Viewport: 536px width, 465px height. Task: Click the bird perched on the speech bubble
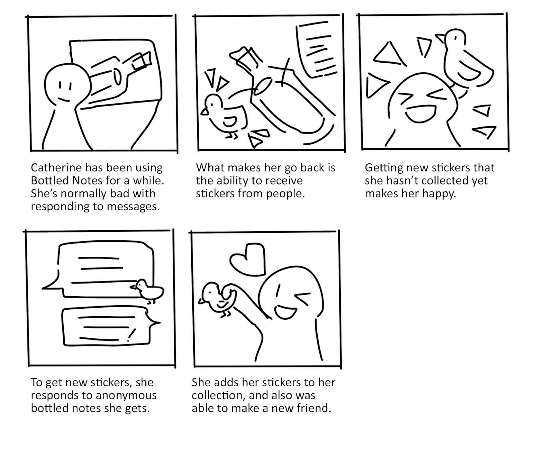coord(148,290)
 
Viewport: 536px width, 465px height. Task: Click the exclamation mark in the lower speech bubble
coord(132,334)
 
